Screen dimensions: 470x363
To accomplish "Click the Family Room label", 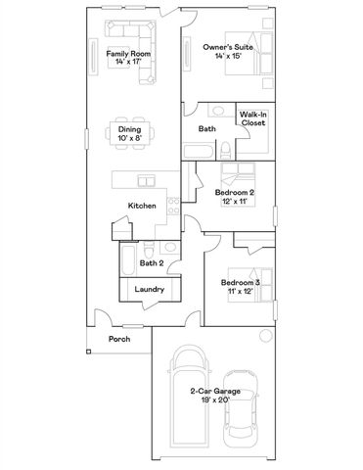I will pyautogui.click(x=130, y=58).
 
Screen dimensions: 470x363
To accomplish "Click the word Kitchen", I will pyautogui.click(x=143, y=205).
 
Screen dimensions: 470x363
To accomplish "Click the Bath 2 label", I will pyautogui.click(x=151, y=263).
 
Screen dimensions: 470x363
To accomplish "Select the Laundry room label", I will pyautogui.click(x=149, y=290).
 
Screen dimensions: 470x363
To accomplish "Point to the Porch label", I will pyautogui.click(x=119, y=339).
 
